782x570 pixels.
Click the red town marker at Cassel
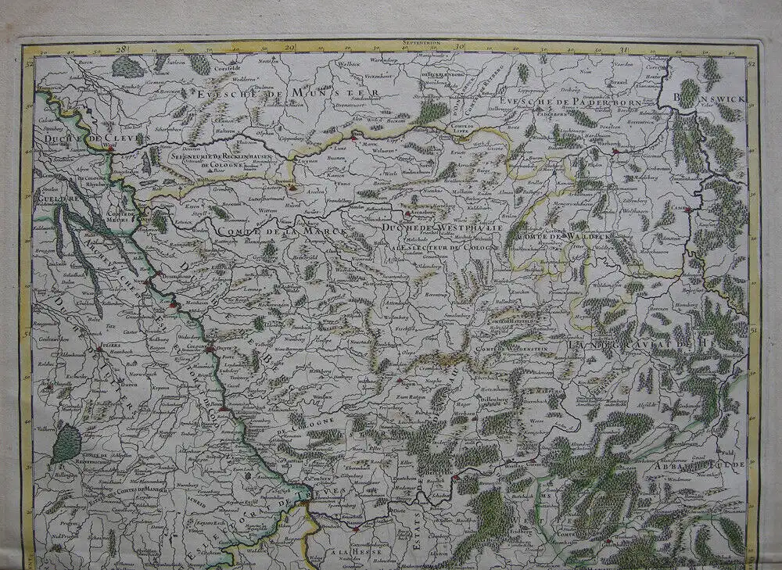click(689, 207)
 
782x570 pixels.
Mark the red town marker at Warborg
click(615, 151)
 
